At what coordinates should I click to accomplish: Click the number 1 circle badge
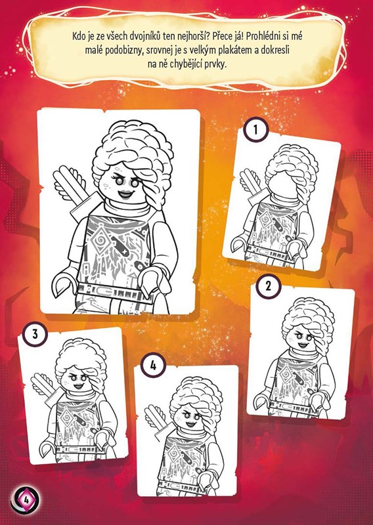[255, 129]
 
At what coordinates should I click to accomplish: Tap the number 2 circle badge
[269, 286]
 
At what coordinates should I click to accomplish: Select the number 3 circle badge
[35, 334]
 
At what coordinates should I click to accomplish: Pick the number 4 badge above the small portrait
[153, 366]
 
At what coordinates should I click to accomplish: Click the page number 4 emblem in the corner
[25, 500]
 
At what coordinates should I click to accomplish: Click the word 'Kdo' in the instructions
[78, 36]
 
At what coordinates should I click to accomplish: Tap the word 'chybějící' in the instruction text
[186, 64]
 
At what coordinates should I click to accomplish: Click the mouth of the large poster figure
[126, 194]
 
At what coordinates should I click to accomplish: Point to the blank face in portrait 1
[282, 184]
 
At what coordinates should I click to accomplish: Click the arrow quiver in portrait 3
[46, 388]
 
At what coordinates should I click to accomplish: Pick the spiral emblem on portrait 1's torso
[263, 217]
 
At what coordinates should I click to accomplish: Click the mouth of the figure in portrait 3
[78, 386]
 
